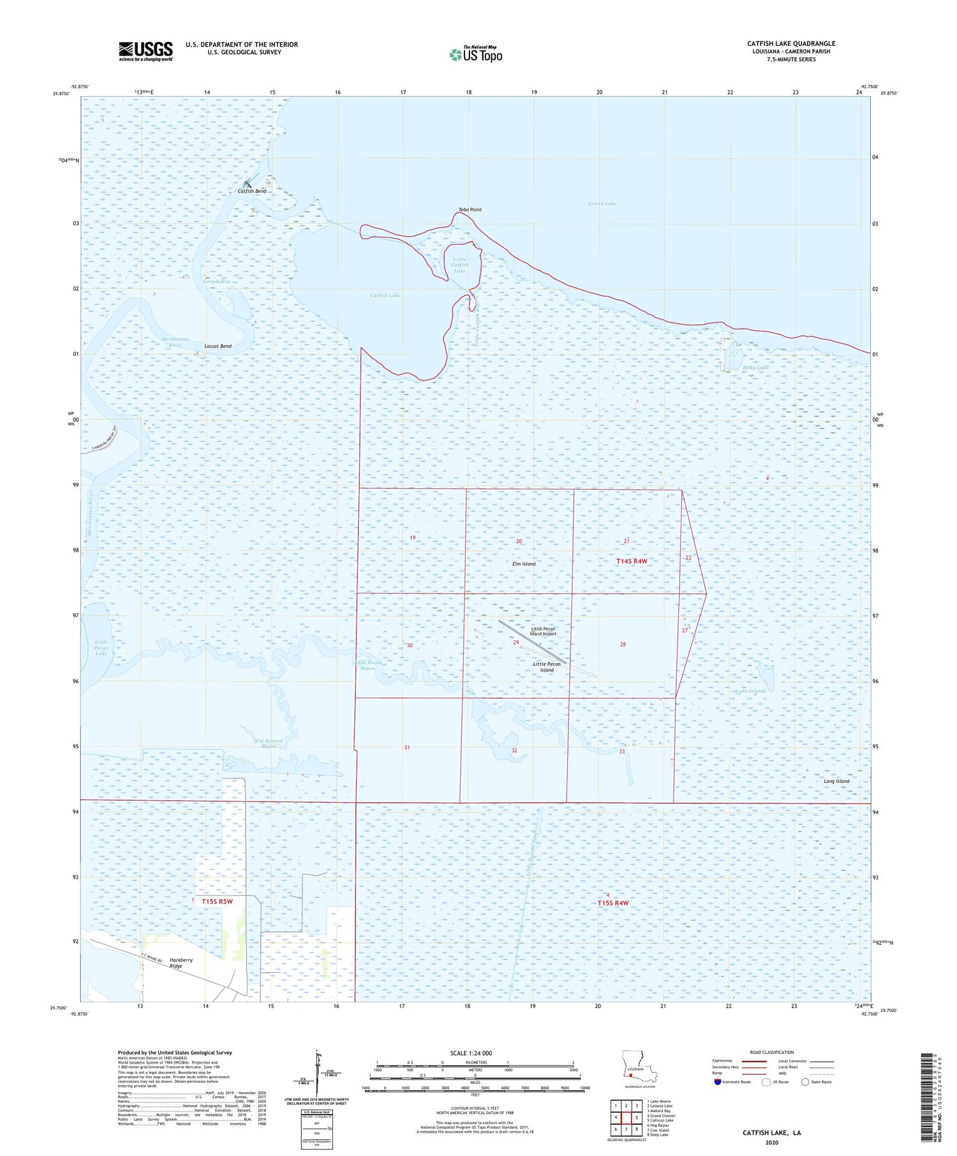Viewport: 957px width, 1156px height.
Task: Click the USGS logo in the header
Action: [145, 51]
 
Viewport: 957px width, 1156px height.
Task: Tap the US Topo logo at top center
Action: [476, 54]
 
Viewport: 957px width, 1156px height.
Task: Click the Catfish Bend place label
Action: [252, 191]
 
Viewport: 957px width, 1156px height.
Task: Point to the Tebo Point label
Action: [470, 210]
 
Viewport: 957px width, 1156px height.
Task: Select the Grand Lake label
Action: [602, 203]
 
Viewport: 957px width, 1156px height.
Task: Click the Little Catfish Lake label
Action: [459, 265]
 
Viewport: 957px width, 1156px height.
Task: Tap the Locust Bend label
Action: [218, 346]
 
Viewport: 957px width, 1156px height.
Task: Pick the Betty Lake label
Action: [755, 368]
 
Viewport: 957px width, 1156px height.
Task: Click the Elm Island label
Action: [524, 564]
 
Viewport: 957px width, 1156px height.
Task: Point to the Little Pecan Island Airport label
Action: [543, 631]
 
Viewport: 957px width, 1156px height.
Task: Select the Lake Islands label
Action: [751, 691]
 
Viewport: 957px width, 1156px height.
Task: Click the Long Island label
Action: [836, 781]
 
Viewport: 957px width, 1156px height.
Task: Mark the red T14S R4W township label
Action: [632, 561]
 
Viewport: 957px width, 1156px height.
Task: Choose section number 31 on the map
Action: [406, 748]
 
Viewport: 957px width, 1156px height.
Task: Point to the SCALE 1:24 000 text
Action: [471, 1053]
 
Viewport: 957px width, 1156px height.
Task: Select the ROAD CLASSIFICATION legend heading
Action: [771, 1052]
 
